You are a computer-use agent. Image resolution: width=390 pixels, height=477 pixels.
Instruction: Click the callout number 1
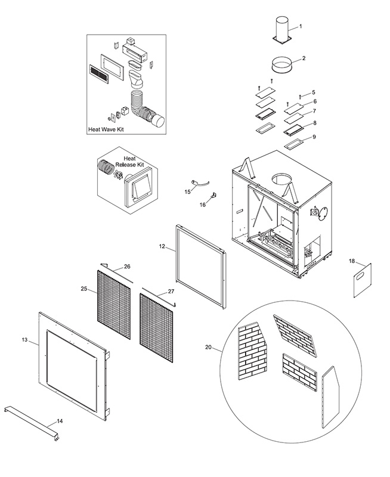[301, 26]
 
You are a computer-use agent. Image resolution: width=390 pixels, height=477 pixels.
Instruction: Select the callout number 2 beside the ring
[304, 58]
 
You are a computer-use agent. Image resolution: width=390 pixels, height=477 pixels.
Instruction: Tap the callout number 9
[314, 137]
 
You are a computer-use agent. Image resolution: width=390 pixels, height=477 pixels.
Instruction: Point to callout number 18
[351, 261]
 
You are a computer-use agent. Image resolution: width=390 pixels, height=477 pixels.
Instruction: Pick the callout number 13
[24, 339]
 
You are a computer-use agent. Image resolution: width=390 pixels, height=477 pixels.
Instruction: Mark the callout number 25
[84, 289]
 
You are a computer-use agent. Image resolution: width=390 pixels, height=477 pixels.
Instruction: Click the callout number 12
[162, 246]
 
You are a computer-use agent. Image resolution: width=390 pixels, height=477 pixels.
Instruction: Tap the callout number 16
[202, 205]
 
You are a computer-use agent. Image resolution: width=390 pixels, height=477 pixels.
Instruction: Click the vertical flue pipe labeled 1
[281, 28]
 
